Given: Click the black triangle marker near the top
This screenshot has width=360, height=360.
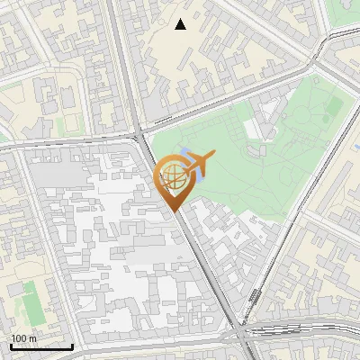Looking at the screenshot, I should coord(181,24).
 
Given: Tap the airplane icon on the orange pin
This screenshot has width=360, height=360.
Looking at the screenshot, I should coord(199,165).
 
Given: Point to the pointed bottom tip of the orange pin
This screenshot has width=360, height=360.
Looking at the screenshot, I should coord(173,211).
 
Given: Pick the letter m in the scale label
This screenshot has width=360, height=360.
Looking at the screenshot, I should coord(32,338).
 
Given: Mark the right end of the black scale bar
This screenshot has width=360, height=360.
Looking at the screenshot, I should coord(72,346).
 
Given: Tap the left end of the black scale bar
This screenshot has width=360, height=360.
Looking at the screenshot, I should coord(10,346).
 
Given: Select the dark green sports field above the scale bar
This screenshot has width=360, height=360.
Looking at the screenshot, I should coord(31,302).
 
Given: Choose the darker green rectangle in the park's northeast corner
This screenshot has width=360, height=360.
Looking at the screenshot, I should coord(334,107).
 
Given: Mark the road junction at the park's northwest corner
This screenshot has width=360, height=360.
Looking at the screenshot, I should coord(139,135).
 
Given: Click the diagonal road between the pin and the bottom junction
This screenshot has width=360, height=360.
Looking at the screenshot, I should coord(210,269).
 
